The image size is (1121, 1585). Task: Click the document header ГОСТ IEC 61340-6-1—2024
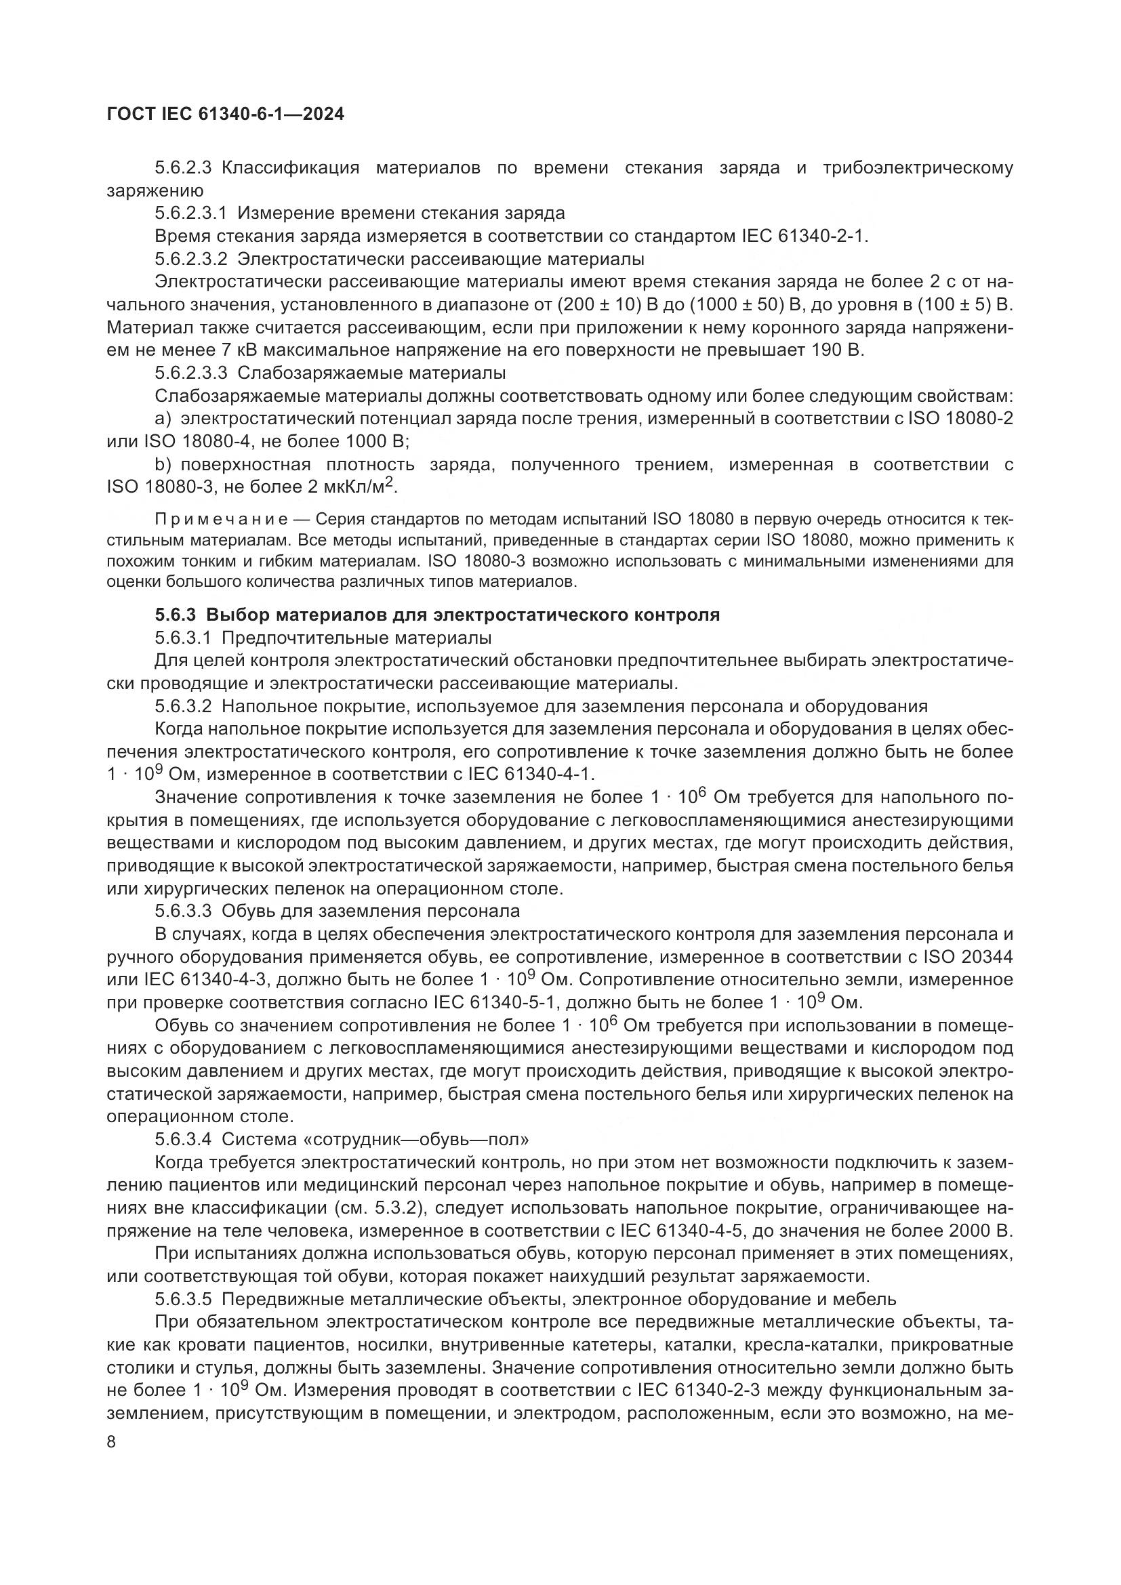coord(226,115)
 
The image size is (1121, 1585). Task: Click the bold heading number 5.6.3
coord(176,615)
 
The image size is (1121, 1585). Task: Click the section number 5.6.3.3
coord(182,911)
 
